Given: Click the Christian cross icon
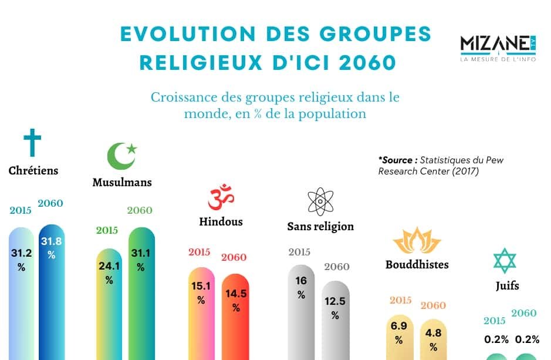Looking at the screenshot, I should (32, 144).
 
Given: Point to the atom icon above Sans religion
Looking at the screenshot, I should (320, 201).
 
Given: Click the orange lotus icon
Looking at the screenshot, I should (417, 240).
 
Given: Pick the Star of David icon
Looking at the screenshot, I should (505, 261).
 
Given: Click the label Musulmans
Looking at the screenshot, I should (122, 182).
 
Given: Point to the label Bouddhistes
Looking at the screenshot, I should (417, 264).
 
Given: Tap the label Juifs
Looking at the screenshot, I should (506, 287).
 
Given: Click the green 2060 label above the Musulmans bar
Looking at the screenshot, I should (140, 210).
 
